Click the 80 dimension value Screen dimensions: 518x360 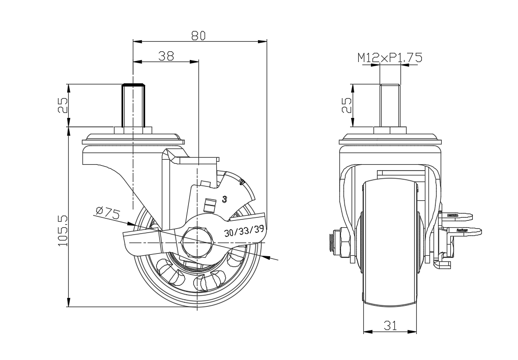point(198,35)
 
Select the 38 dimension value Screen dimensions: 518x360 point(166,56)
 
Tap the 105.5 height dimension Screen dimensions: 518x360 point(63,230)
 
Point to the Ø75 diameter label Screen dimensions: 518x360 point(107,214)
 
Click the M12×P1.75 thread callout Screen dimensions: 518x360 point(390,58)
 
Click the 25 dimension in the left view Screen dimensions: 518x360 point(63,105)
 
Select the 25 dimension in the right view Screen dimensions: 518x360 point(347,105)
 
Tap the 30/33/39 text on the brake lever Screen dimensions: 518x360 point(244,231)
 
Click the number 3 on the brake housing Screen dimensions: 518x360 point(224,199)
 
